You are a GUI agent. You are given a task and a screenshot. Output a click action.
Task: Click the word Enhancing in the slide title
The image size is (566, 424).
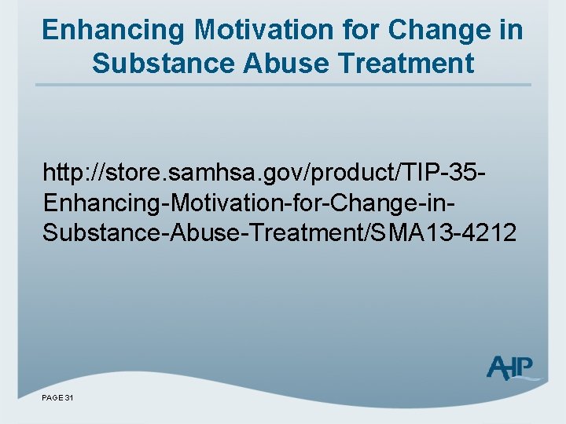113,31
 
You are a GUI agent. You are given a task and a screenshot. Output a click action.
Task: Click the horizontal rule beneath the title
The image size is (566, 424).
283,84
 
